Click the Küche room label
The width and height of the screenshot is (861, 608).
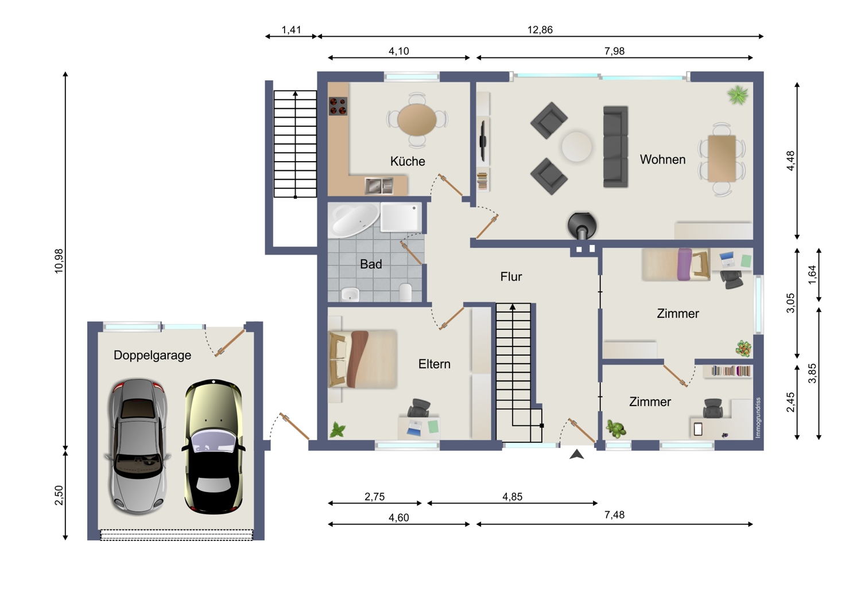click(x=408, y=161)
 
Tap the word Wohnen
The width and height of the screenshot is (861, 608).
click(x=662, y=159)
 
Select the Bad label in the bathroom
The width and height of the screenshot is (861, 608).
click(x=371, y=264)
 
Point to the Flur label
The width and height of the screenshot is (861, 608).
click(x=511, y=276)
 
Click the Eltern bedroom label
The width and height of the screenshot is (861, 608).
click(x=434, y=364)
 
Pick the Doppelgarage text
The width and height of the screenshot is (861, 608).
click(x=152, y=355)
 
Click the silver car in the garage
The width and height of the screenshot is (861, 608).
click(x=138, y=447)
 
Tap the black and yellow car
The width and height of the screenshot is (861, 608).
click(x=214, y=447)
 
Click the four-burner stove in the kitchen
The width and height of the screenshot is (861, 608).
click(x=338, y=106)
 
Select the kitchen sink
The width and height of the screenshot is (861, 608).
click(x=379, y=186)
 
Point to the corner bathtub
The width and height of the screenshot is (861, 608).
click(x=354, y=220)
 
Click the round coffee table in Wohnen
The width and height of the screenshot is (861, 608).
click(x=576, y=146)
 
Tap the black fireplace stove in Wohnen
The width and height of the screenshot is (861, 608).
click(x=582, y=226)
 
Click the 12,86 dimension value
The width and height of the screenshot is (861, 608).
click(x=540, y=30)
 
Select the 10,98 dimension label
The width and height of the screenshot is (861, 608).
click(x=59, y=261)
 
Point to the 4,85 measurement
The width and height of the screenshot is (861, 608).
click(x=512, y=497)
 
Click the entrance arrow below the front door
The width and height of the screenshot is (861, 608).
click(x=576, y=455)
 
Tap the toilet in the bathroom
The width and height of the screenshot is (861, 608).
click(x=405, y=293)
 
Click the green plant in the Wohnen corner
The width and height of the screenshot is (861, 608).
click(x=738, y=95)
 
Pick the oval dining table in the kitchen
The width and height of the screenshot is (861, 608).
click(x=417, y=120)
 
